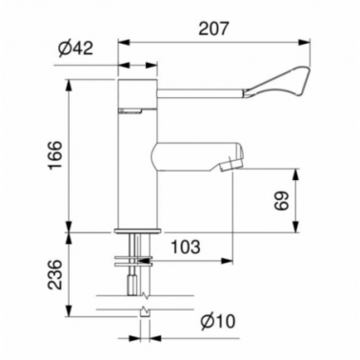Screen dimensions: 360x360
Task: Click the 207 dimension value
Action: tap(213, 29)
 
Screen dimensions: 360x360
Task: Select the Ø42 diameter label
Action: tap(76, 49)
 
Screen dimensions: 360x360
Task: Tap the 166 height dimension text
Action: tap(54, 155)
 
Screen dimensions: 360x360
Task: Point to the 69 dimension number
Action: tap(281, 201)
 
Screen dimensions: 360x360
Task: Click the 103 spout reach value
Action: tap(186, 247)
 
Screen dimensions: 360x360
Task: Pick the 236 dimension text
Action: tap(54, 274)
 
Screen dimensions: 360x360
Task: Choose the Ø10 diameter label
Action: tap(218, 322)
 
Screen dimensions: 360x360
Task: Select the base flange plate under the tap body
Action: tap(138, 230)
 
